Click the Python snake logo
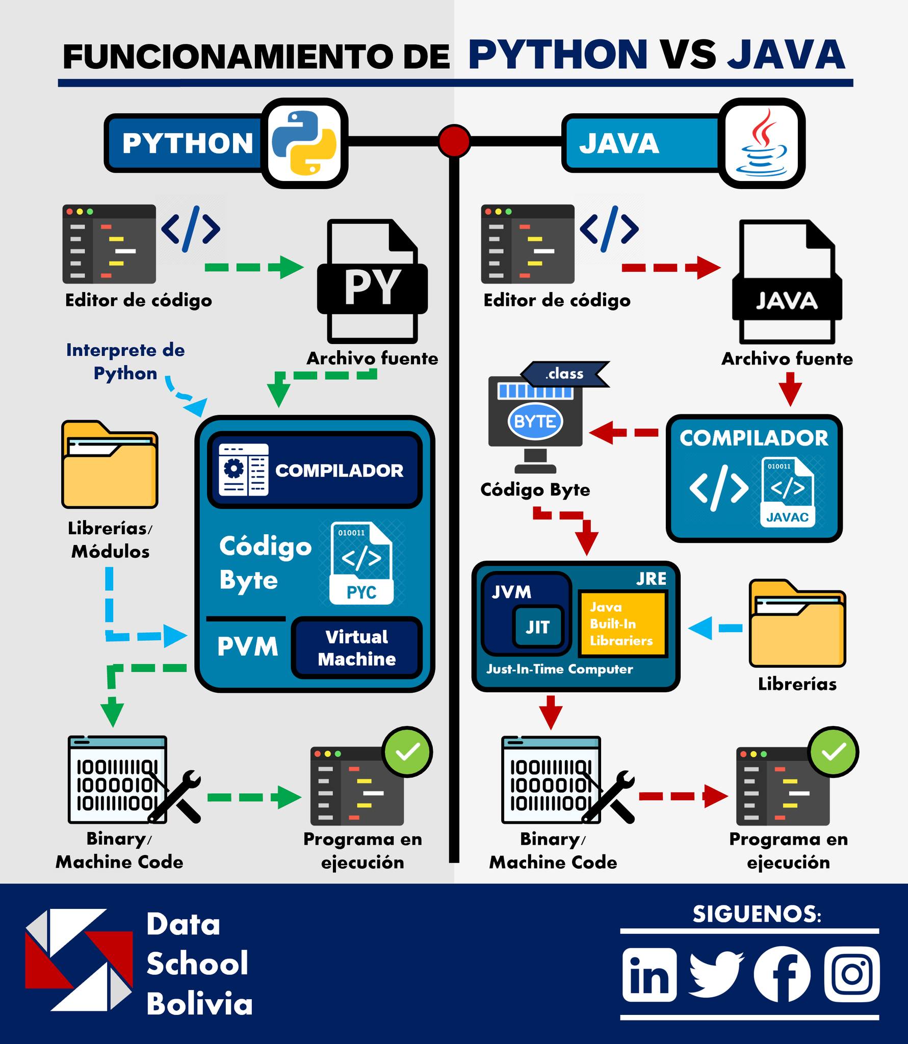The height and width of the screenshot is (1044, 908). (x=304, y=143)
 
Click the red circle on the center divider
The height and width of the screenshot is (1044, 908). (x=454, y=141)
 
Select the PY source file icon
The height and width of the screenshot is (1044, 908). (x=372, y=281)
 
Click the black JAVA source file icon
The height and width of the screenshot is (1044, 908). (x=787, y=281)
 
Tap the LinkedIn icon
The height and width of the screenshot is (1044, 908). (x=649, y=974)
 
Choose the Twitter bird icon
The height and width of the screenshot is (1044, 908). (x=716, y=974)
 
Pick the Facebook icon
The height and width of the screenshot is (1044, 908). (x=782, y=974)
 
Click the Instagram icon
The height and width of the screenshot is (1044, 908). (x=852, y=974)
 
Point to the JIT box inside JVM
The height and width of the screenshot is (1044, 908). (x=538, y=627)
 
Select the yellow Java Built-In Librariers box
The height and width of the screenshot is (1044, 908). (x=622, y=624)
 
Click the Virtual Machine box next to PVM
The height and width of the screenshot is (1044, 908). (x=357, y=647)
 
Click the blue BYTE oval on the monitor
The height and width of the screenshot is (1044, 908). (x=535, y=422)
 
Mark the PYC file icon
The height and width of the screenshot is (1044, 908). (x=361, y=563)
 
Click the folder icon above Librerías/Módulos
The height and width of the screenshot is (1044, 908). (x=110, y=464)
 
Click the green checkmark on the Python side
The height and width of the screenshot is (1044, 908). (x=407, y=752)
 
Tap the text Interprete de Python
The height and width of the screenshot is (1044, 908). (x=125, y=361)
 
